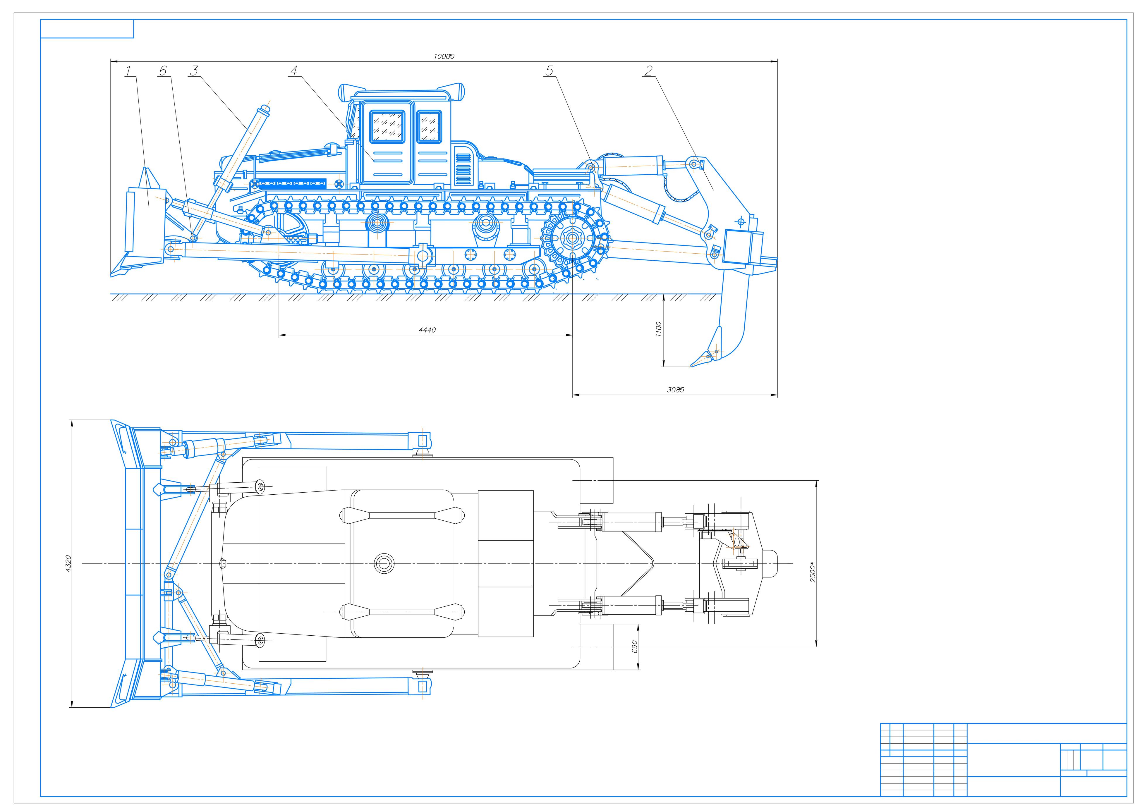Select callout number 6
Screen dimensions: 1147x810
pyautogui.click(x=163, y=71)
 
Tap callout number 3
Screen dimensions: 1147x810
pyautogui.click(x=194, y=71)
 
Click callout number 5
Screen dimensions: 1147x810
pyautogui.click(x=550, y=71)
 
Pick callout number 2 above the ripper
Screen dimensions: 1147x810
pyautogui.click(x=648, y=71)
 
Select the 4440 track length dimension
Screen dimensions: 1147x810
pyautogui.click(x=427, y=330)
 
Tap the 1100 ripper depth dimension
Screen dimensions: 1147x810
pyautogui.click(x=658, y=330)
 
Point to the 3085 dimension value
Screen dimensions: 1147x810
pyautogui.click(x=675, y=390)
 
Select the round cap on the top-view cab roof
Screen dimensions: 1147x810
pyautogui.click(x=384, y=563)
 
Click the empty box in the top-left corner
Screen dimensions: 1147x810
pyautogui.click(x=87, y=28)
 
